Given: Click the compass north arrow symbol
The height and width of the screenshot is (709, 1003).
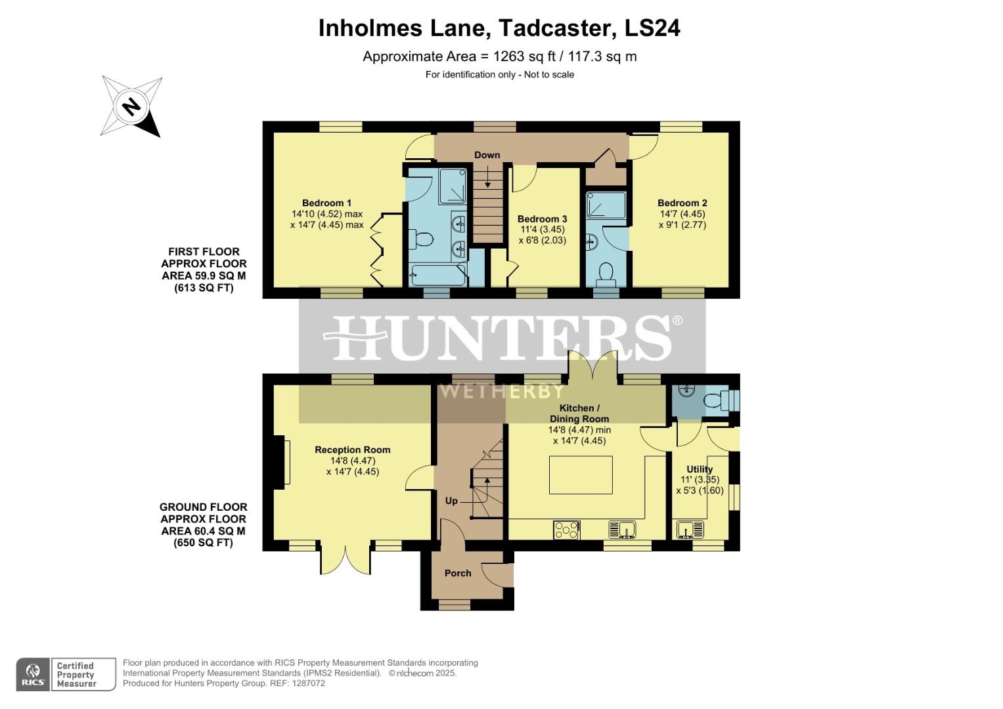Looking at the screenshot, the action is (x=131, y=106).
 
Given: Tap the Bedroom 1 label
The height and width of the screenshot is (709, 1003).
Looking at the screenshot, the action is (x=326, y=203).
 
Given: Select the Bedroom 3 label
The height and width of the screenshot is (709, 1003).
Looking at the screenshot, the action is (x=543, y=219).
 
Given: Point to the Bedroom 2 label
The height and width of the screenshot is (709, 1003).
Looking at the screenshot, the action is (x=682, y=203).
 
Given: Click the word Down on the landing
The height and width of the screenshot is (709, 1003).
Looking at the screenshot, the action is (x=487, y=155).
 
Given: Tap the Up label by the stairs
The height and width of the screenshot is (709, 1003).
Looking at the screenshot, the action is (x=451, y=500).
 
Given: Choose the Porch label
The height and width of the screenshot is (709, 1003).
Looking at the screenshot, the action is (x=458, y=573).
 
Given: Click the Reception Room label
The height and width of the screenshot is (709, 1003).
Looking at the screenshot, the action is (x=352, y=450).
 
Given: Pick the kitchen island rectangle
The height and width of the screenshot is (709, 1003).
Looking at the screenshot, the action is (x=581, y=475).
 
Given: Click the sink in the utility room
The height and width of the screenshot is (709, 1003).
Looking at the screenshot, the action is (x=690, y=530).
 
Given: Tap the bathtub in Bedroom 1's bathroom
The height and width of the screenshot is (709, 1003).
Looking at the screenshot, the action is (x=437, y=275).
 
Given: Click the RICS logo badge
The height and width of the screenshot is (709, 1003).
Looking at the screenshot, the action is (x=33, y=674).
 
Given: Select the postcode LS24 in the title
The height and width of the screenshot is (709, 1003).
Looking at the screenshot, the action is (x=652, y=28).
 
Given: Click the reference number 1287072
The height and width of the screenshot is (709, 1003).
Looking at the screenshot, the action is (x=309, y=683).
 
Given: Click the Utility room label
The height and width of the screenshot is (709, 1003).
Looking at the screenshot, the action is (x=700, y=469).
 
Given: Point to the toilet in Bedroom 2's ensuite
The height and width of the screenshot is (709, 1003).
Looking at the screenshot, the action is (x=606, y=274).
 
